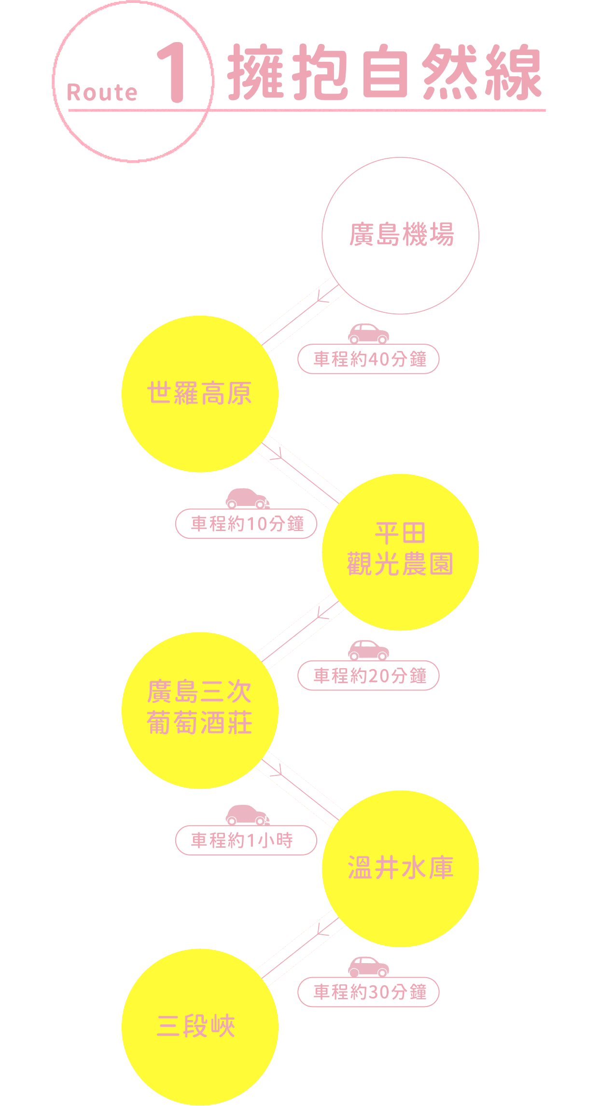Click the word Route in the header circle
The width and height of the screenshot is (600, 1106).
click(x=102, y=92)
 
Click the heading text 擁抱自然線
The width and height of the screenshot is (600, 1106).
click(x=384, y=72)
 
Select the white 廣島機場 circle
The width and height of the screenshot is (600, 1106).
click(x=400, y=236)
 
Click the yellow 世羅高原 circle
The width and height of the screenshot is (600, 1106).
click(x=200, y=393)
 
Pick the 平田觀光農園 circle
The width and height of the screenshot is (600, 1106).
click(x=400, y=552)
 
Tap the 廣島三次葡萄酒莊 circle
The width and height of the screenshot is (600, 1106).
click(x=200, y=710)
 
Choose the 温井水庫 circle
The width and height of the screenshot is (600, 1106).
click(x=400, y=868)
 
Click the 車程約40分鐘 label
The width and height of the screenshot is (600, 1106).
click(x=368, y=359)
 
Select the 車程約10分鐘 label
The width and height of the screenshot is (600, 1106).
click(x=246, y=524)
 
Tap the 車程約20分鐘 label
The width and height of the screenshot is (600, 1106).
click(x=368, y=675)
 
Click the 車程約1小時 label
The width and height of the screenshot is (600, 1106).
click(x=246, y=840)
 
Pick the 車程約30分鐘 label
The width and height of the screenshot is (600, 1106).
click(x=368, y=992)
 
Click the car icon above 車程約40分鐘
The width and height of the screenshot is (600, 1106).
click(x=368, y=334)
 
